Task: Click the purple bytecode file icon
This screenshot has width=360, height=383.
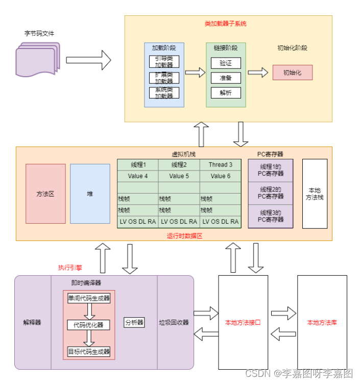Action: [38, 59]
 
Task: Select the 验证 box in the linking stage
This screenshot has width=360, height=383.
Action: [226, 63]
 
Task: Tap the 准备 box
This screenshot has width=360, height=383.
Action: [226, 78]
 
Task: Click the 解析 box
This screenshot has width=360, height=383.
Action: [226, 93]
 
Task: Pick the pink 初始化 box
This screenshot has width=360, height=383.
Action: [293, 73]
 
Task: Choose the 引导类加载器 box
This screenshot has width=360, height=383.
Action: [164, 62]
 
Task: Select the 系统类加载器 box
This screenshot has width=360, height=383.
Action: [164, 93]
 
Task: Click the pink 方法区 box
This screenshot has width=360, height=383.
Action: [45, 194]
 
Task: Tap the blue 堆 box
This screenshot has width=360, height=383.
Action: [90, 194]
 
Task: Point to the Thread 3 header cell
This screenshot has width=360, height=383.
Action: [220, 164]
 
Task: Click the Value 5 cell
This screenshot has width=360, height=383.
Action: [179, 176]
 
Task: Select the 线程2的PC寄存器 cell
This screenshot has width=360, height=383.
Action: [271, 193]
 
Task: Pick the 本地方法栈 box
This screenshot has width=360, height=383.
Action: [315, 194]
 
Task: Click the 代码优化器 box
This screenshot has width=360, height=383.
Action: [88, 325]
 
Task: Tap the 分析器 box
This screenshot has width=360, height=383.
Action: [134, 322]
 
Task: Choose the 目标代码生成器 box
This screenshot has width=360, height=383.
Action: [89, 351]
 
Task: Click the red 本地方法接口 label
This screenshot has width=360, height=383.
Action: [243, 323]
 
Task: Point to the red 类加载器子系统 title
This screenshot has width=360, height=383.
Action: [225, 23]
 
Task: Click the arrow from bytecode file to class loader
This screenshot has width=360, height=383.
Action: [88, 60]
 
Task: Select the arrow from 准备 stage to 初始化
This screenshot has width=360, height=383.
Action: [258, 73]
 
